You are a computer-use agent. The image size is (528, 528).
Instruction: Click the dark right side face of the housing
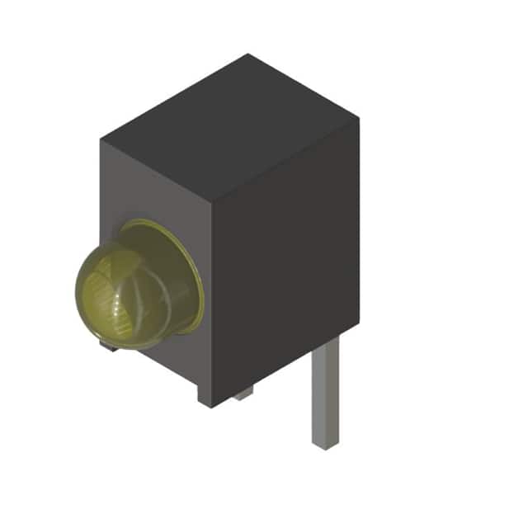pos(285,272)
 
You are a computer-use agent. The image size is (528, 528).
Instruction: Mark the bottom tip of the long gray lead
pos(325,445)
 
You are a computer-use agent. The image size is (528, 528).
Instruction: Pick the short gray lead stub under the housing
pos(243,394)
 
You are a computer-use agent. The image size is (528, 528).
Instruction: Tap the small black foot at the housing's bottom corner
pos(206,394)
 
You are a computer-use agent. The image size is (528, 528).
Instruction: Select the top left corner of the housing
pos(101,140)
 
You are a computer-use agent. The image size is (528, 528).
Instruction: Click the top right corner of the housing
pos(358,120)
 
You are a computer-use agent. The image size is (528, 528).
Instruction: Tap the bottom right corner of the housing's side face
pos(356,330)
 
